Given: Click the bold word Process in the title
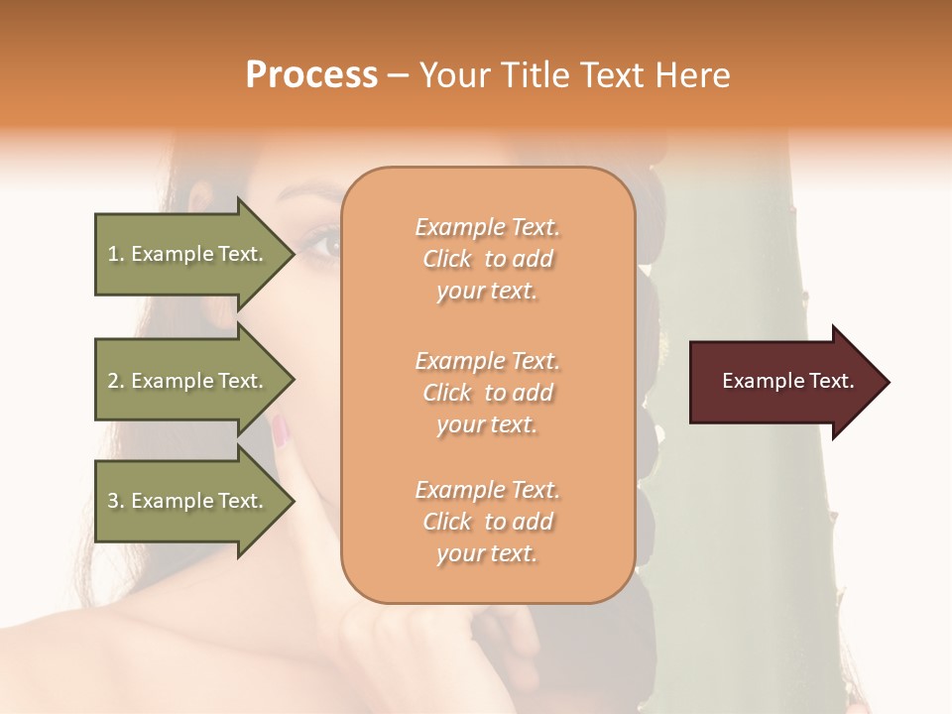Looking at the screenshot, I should pyautogui.click(x=311, y=75).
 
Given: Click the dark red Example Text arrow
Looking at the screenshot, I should pyautogui.click(x=783, y=382).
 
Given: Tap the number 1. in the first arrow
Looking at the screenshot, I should pyautogui.click(x=116, y=255).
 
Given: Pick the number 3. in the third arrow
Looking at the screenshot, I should pyautogui.click(x=116, y=502).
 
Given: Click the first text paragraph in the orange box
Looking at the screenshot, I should pyautogui.click(x=487, y=259).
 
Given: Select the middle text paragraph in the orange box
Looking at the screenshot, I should pyautogui.click(x=487, y=393).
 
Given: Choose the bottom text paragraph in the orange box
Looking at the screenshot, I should pyautogui.click(x=487, y=522).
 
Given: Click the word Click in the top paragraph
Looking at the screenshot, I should pyautogui.click(x=447, y=259).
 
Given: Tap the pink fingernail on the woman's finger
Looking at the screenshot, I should pyautogui.click(x=281, y=429).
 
